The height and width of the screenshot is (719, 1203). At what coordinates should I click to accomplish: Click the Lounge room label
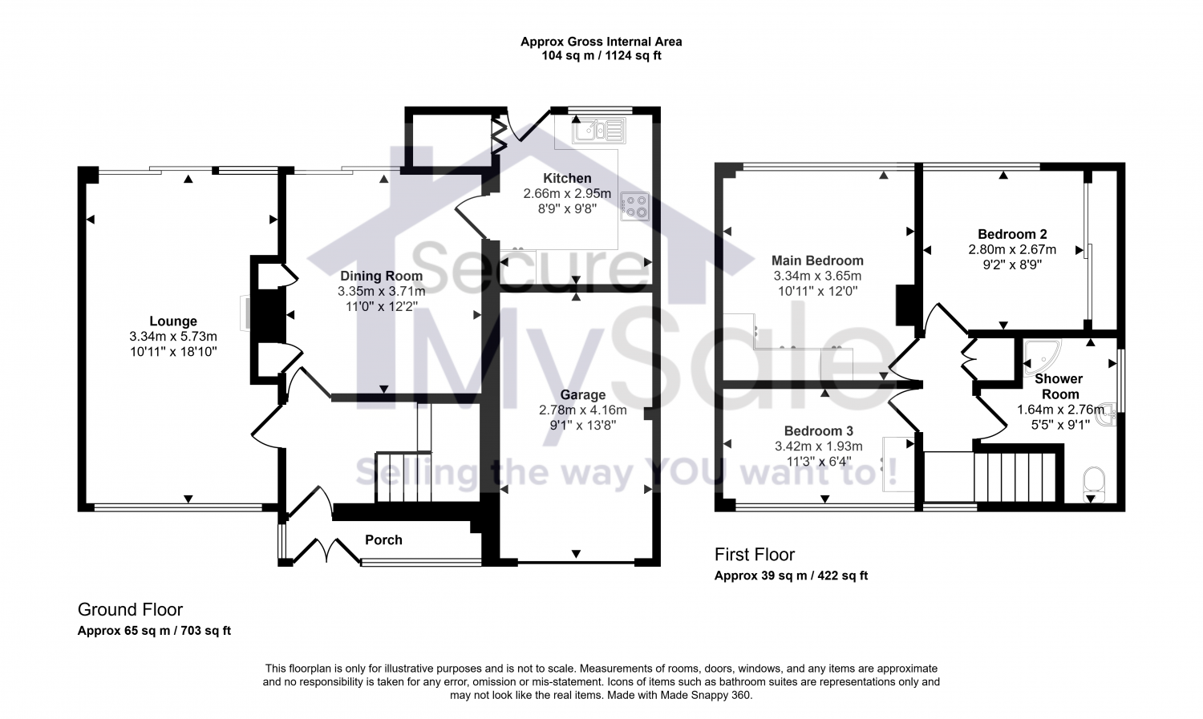(x=173, y=321)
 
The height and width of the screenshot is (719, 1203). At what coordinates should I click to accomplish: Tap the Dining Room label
(x=381, y=276)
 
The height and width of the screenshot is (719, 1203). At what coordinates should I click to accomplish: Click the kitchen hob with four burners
(x=634, y=207)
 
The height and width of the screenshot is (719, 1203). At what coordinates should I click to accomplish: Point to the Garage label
(x=582, y=394)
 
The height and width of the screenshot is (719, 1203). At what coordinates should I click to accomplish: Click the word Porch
(x=383, y=539)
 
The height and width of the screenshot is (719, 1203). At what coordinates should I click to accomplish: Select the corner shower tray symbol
(x=1040, y=357)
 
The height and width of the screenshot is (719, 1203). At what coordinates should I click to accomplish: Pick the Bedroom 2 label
(x=1012, y=234)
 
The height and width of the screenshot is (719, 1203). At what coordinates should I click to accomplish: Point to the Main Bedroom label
(x=817, y=261)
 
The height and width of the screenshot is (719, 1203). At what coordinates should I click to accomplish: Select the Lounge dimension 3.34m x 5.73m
(x=173, y=336)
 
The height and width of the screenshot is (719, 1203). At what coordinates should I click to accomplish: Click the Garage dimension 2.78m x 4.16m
(x=582, y=410)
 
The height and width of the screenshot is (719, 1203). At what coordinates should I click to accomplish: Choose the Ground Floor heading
(x=130, y=610)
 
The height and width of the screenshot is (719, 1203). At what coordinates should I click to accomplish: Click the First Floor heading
(x=754, y=555)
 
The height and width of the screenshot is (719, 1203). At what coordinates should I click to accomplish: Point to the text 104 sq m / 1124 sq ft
(x=601, y=56)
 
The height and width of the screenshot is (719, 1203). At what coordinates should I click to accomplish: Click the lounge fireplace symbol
(x=244, y=313)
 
